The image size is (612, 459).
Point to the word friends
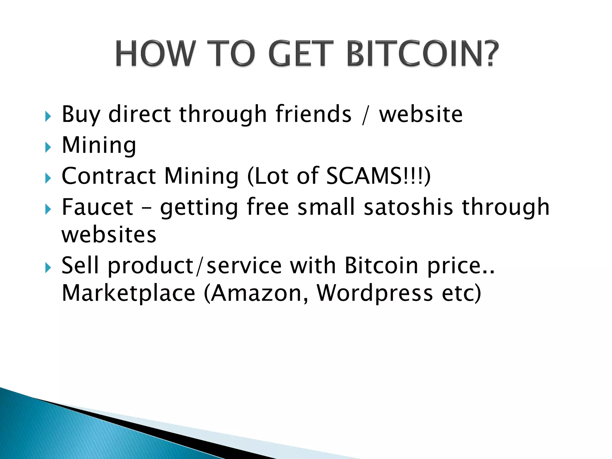[x=313, y=114]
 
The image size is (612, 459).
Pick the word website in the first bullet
[x=421, y=114]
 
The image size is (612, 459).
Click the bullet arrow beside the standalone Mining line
[x=48, y=147]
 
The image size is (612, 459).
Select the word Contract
[x=108, y=176]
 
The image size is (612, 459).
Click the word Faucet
[x=97, y=207]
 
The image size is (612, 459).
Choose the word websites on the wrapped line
[x=109, y=235]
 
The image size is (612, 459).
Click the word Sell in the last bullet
[x=80, y=265]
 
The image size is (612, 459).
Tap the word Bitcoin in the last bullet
[x=381, y=265]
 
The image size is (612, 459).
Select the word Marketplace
[x=128, y=293]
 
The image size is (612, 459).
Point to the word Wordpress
[x=375, y=293]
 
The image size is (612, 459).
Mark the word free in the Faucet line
[x=268, y=207]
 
